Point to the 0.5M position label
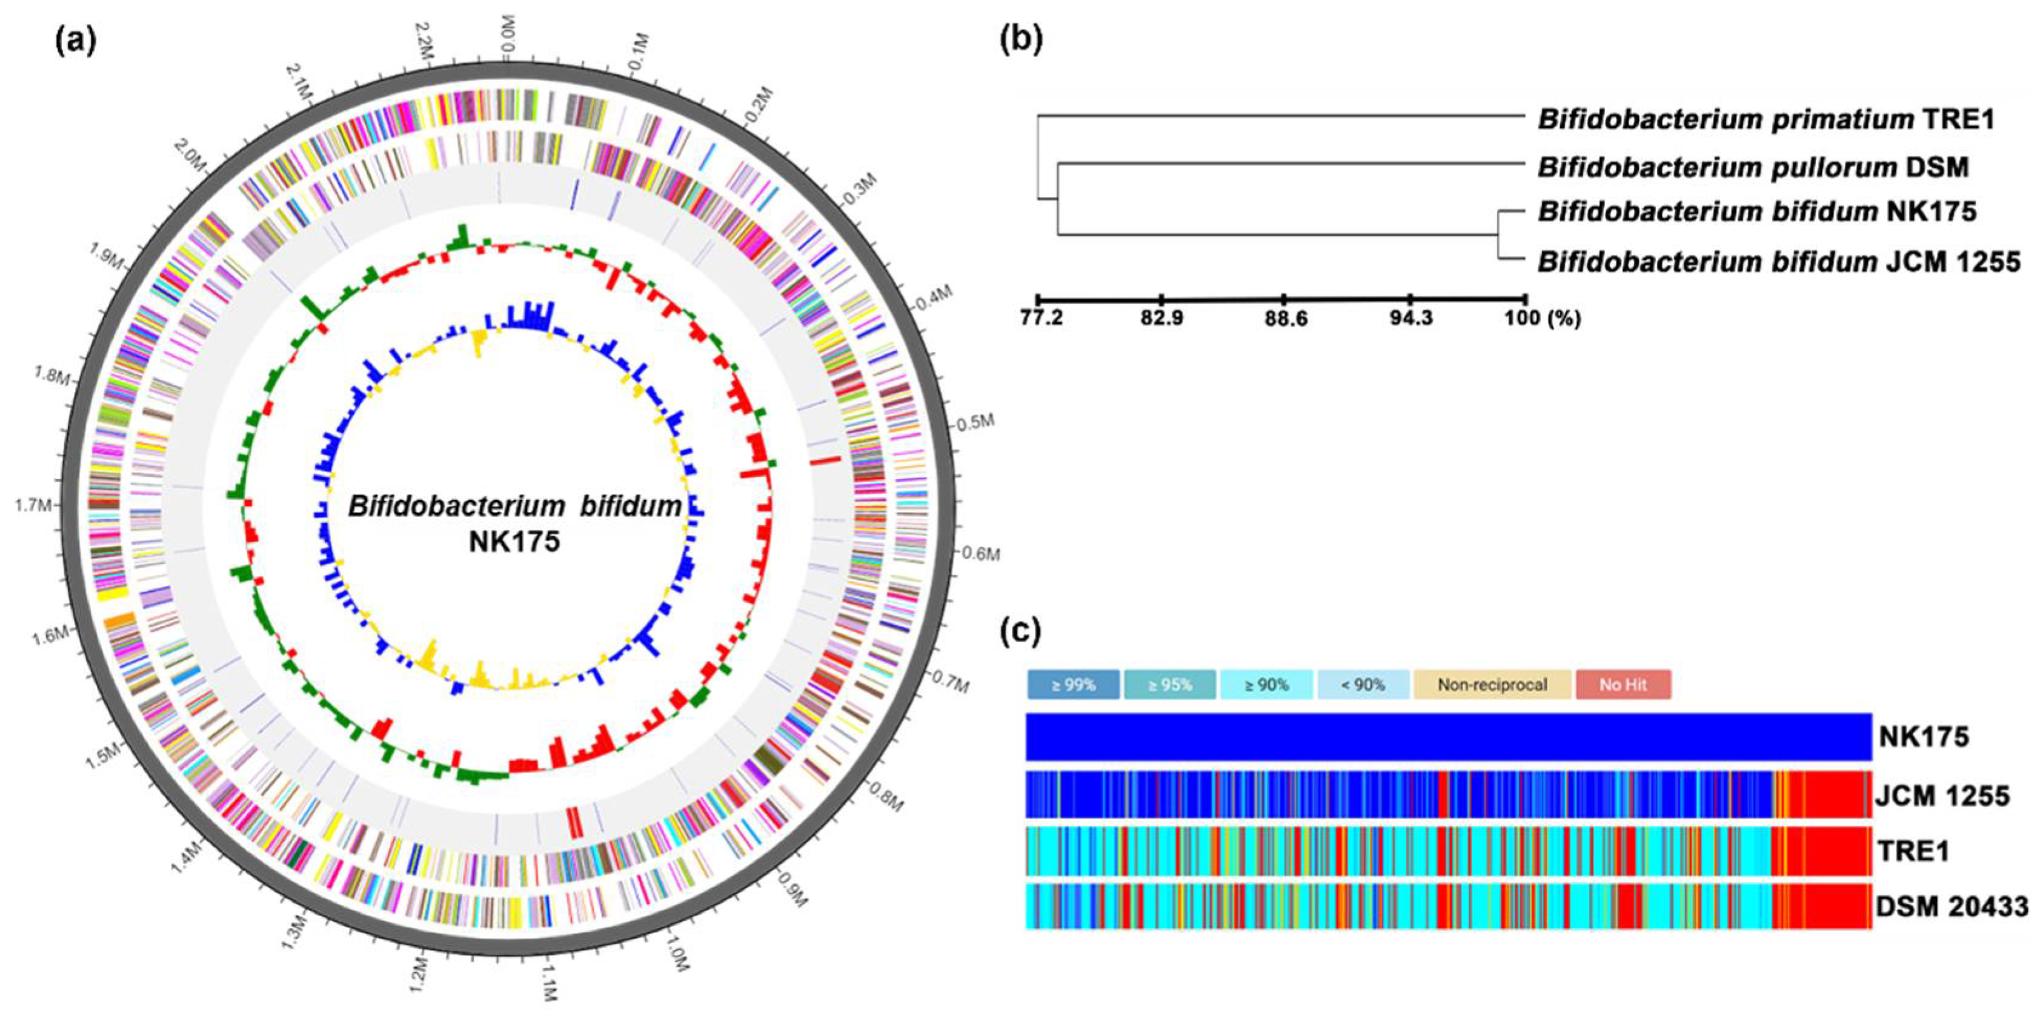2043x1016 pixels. pyautogui.click(x=975, y=422)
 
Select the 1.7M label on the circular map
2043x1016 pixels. pyautogui.click(x=33, y=505)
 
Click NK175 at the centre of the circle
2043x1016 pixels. pyautogui.click(x=514, y=542)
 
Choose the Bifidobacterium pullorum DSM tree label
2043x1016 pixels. pyautogui.click(x=1753, y=167)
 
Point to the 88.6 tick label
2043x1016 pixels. pyautogui.click(x=1285, y=319)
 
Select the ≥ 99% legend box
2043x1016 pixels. pyautogui.click(x=1073, y=685)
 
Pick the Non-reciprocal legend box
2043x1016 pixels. pyautogui.click(x=1492, y=685)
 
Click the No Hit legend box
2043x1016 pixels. pyautogui.click(x=1623, y=685)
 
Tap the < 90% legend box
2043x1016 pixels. pyautogui.click(x=1363, y=685)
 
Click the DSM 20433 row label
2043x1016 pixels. pyautogui.click(x=1952, y=906)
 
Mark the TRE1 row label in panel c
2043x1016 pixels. pyautogui.click(x=1912, y=851)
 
